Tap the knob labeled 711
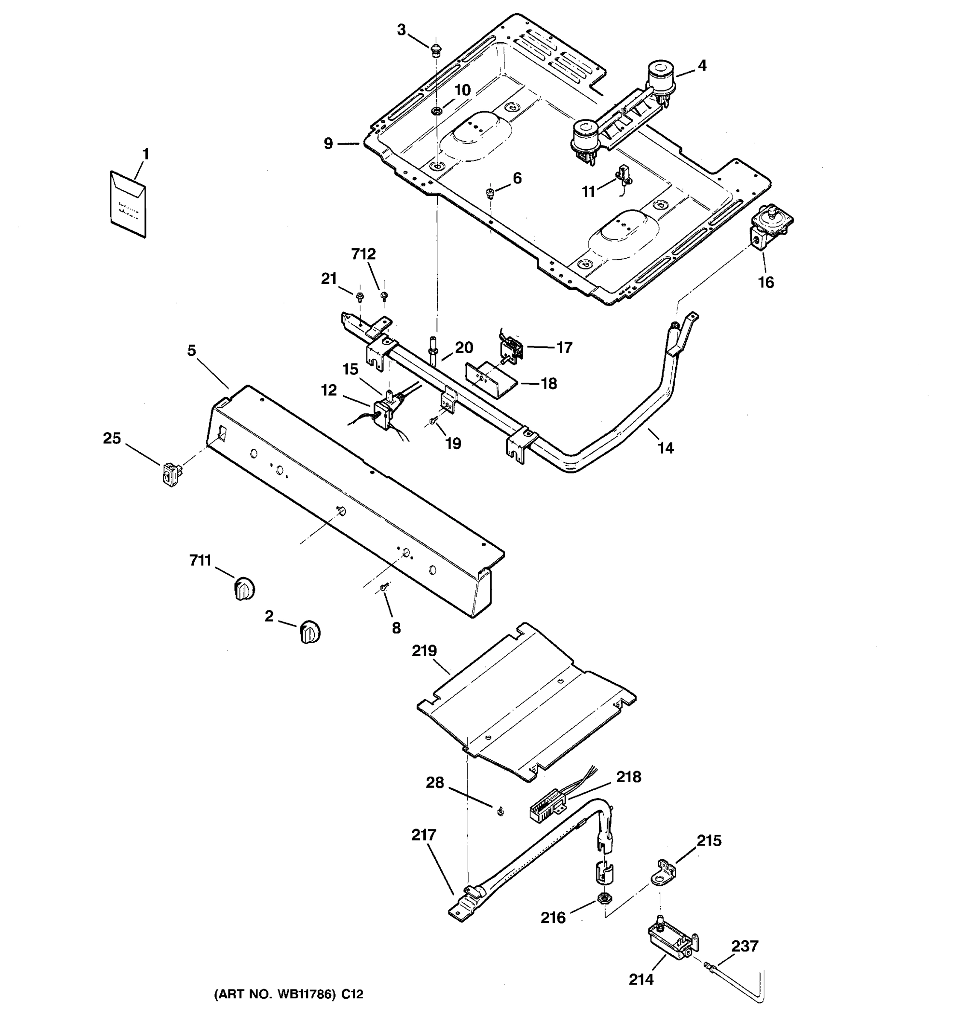(x=244, y=588)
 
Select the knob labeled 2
(x=309, y=631)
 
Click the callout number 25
(x=112, y=438)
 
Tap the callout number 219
(x=424, y=651)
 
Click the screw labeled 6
(x=490, y=193)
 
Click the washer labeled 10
(x=437, y=111)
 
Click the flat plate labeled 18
(x=490, y=380)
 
